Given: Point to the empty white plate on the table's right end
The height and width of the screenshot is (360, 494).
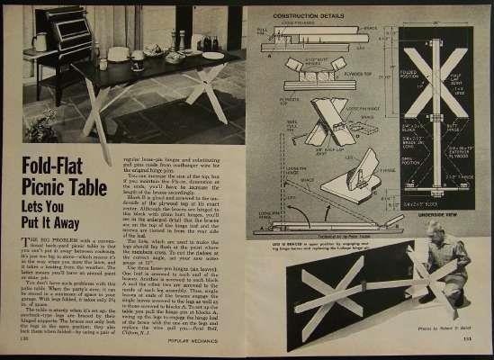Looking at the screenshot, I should pos(212,55).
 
